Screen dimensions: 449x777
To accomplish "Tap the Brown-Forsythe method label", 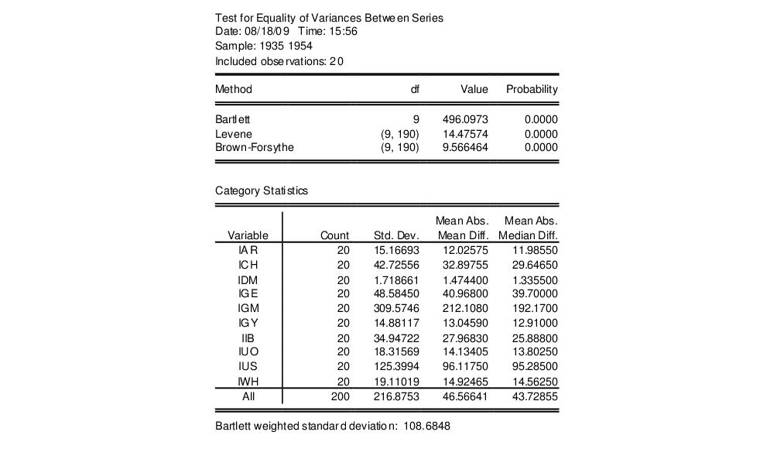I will coord(254,147).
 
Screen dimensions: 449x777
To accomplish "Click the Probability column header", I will coord(532,89).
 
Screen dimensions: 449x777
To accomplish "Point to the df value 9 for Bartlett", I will coord(416,120).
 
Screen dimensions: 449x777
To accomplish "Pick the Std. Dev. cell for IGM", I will coord(396,309).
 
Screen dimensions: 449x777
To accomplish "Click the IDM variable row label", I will coord(248,279).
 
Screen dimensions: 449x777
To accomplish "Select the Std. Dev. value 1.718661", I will coord(396,279).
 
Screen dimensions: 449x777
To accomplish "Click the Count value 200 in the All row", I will coord(340,396).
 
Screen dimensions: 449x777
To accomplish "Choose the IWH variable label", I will coord(248,382).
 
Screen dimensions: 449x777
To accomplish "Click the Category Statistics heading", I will coord(261,190).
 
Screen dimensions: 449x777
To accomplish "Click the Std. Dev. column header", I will coord(396,235).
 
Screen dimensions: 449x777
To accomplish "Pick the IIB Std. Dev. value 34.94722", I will coord(396,338).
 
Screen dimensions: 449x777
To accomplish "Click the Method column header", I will coord(234,89).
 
